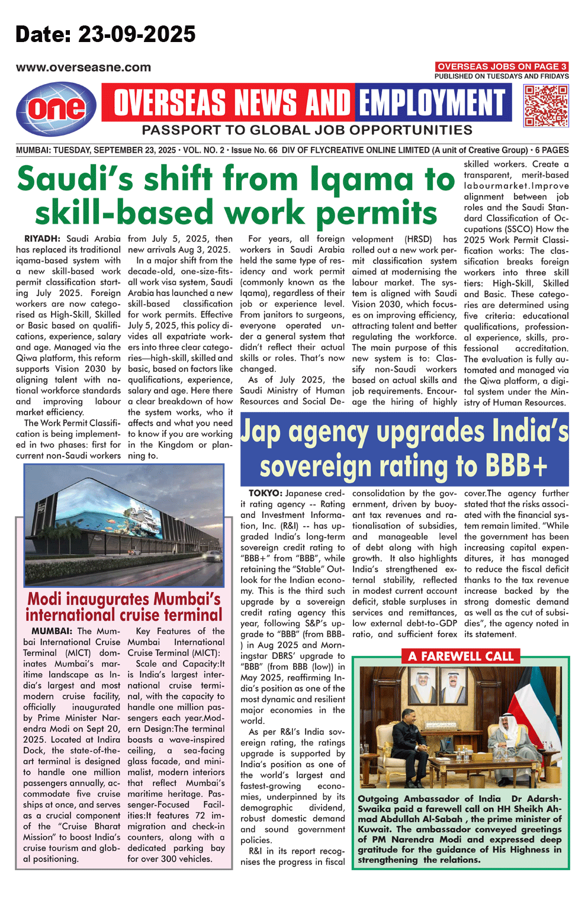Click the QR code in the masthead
tap(546, 105)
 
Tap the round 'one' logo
tap(56, 108)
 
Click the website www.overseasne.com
tap(83, 67)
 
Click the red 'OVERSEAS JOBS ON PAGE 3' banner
tap(502, 67)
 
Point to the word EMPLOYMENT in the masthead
tap(433, 103)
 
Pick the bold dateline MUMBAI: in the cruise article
tap(52, 631)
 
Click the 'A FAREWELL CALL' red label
tap(461, 656)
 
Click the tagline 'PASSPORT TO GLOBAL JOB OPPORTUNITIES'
tap(307, 130)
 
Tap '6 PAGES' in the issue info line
tap(552, 150)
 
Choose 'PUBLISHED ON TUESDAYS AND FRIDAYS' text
tap(502, 76)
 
